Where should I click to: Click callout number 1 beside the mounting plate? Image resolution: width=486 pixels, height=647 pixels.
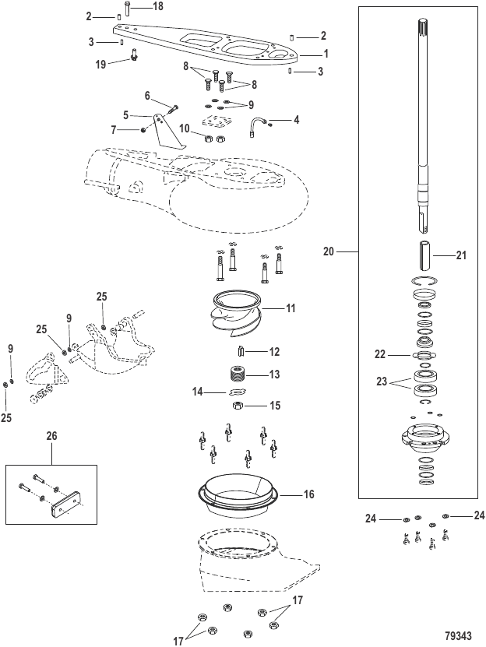(x=326, y=54)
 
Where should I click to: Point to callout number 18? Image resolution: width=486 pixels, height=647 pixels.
(x=157, y=6)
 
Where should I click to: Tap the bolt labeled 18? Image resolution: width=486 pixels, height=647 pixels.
(x=127, y=9)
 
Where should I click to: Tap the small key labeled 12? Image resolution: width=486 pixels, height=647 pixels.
(x=242, y=352)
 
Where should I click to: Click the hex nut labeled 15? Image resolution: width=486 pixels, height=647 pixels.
(x=238, y=406)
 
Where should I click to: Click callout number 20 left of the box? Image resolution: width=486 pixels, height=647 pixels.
(x=328, y=251)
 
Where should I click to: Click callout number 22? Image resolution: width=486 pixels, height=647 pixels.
(x=380, y=354)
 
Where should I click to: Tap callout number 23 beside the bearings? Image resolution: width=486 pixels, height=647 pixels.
(x=382, y=382)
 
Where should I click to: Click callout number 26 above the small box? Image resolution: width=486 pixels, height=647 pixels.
(x=51, y=436)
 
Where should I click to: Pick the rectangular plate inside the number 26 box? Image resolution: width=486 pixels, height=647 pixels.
(x=66, y=501)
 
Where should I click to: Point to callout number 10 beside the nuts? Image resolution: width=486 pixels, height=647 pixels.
(x=185, y=128)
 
